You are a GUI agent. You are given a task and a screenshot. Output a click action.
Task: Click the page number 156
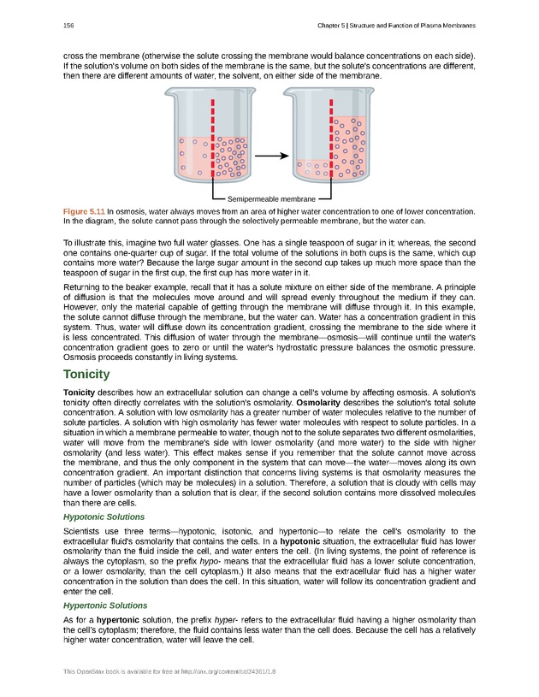point(68,26)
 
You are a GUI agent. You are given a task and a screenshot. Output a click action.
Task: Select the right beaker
point(329,137)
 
